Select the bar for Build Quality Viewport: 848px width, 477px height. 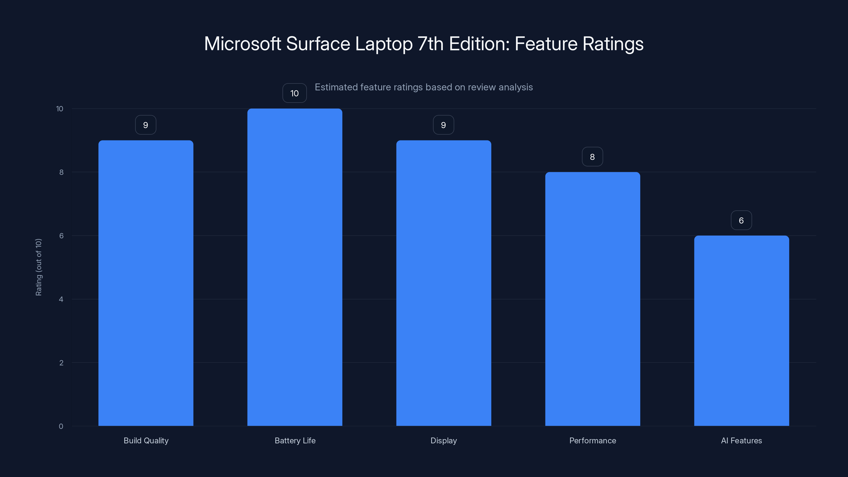[x=146, y=283]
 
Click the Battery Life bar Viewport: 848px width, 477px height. [x=295, y=267]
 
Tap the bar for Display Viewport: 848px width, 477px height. [x=443, y=283]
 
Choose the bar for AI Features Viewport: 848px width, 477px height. [x=741, y=330]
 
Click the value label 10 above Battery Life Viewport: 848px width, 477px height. [x=294, y=93]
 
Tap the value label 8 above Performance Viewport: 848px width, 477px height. [x=592, y=157]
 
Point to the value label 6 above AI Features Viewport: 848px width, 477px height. [x=741, y=220]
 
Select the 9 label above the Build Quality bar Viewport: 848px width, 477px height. [x=145, y=125]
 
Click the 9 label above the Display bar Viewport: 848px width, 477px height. [x=443, y=125]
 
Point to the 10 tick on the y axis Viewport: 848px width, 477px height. [x=60, y=109]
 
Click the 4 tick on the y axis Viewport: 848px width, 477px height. [x=61, y=299]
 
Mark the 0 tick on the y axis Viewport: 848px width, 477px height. [x=61, y=426]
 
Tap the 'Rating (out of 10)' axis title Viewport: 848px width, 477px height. [x=38, y=267]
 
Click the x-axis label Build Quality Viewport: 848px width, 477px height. [x=146, y=440]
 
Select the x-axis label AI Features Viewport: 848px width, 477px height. [x=741, y=440]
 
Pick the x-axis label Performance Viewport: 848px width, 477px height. [x=593, y=440]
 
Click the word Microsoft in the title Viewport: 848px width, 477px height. [x=242, y=44]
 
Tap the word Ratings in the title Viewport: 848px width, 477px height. [x=613, y=44]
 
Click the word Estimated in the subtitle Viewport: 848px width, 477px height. [x=336, y=87]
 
